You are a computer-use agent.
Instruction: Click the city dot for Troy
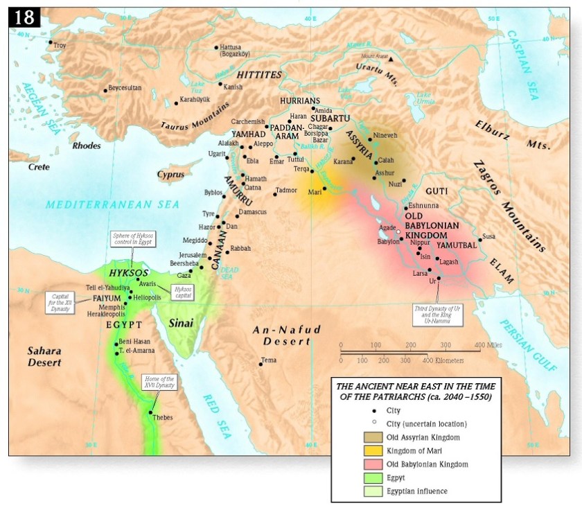point(51,42)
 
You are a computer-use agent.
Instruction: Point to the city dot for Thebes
point(151,412)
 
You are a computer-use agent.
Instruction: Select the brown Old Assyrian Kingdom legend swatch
point(371,437)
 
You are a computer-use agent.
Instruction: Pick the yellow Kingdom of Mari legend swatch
point(371,450)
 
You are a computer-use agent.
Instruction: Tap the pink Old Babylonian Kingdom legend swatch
point(371,464)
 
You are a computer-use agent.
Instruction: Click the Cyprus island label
point(170,175)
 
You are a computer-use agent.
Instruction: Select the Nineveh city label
point(386,134)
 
